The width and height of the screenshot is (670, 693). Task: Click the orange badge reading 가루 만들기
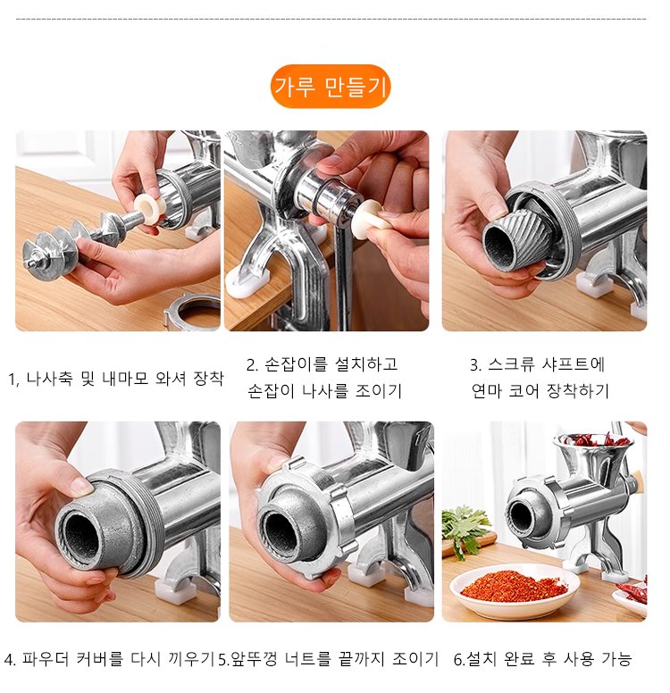[x=331, y=87]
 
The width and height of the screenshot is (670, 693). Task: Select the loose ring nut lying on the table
[x=192, y=311]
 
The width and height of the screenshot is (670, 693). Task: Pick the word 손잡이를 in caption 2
[x=296, y=364]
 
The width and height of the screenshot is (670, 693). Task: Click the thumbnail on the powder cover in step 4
[x=83, y=487]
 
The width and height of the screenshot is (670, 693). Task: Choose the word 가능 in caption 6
[x=616, y=659]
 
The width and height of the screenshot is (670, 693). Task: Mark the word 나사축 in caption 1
[x=49, y=379]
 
